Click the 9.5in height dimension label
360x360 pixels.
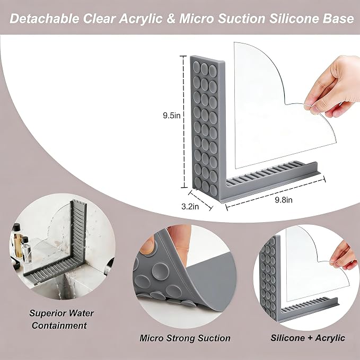click(172, 116)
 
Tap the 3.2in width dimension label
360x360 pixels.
click(190, 207)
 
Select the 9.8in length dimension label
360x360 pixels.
click(284, 200)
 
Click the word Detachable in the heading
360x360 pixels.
click(45, 19)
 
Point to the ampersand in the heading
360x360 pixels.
click(171, 19)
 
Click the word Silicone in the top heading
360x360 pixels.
click(295, 19)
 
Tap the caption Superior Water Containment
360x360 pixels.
click(61, 319)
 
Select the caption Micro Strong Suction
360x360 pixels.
click(185, 338)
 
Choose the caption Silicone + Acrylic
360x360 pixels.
click(308, 338)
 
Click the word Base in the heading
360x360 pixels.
click(338, 19)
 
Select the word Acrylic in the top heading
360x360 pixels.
click(141, 19)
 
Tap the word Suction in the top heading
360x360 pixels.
click(242, 19)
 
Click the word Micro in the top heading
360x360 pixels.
click(197, 19)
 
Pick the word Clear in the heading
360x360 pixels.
click(99, 19)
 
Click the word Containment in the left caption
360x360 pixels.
click(59, 326)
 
